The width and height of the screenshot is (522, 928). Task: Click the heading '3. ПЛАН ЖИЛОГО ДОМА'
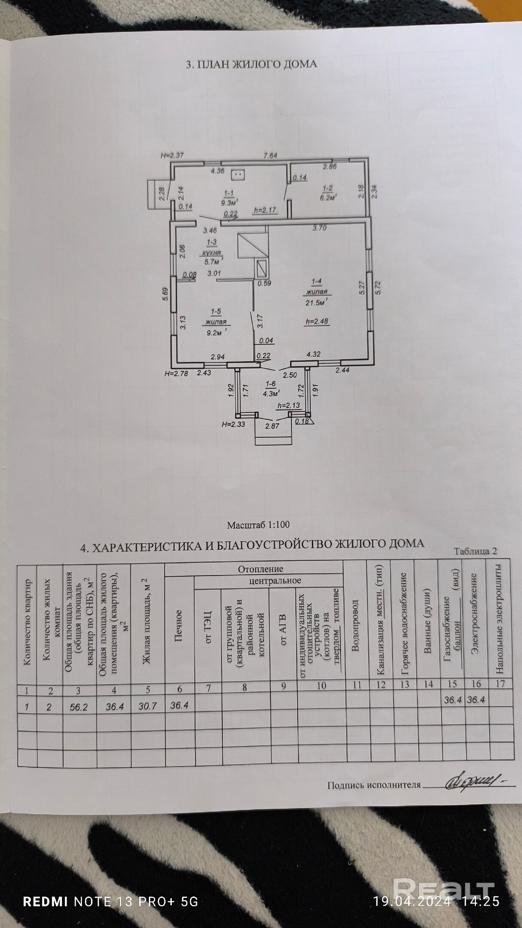[251, 64]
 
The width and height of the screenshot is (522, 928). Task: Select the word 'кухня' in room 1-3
[212, 253]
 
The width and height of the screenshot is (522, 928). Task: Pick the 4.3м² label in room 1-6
[272, 393]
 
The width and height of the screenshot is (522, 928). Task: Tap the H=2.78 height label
[176, 373]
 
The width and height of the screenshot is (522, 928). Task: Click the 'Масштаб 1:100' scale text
[258, 525]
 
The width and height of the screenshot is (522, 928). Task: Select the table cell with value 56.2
[79, 707]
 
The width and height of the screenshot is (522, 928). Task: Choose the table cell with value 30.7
[147, 706]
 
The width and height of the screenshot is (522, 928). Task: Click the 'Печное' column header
[179, 626]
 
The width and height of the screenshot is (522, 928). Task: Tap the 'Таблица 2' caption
[476, 551]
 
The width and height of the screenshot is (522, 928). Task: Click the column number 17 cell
[501, 683]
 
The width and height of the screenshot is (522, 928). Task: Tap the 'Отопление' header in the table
[261, 569]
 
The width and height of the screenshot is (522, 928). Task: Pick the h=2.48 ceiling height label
[317, 321]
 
